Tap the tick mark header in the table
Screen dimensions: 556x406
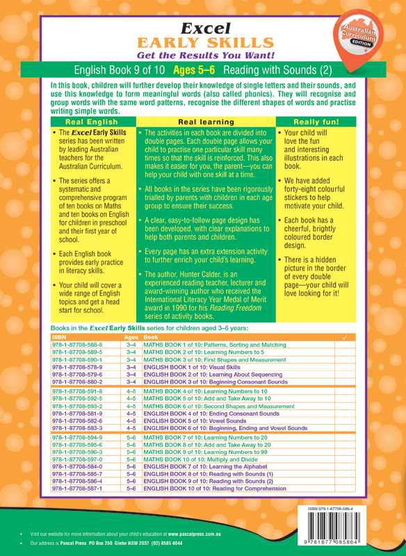coord(346,337)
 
